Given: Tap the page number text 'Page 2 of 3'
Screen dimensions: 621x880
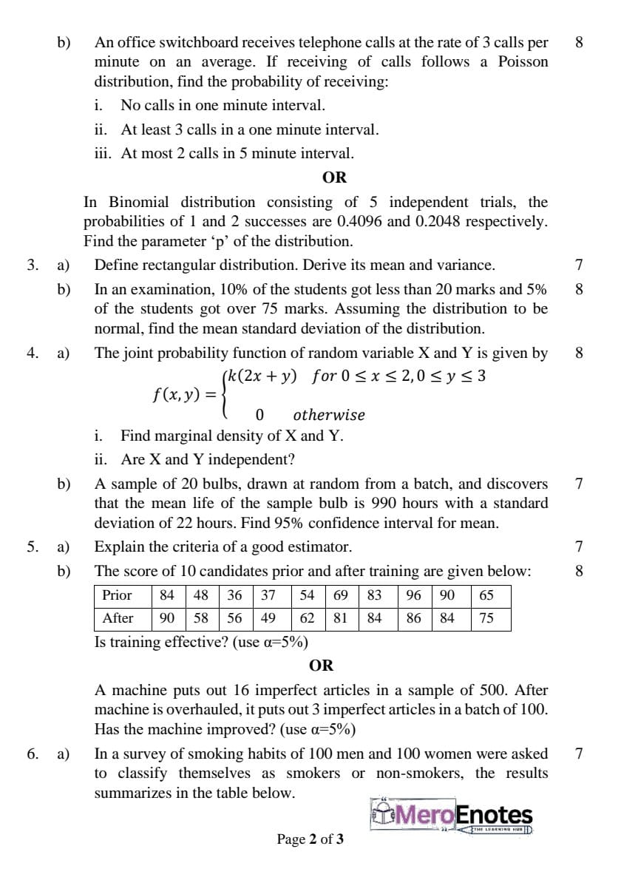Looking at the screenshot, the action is (x=310, y=839).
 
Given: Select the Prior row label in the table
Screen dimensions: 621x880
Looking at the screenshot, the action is (x=117, y=595).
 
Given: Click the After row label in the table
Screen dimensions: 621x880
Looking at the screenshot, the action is (x=118, y=618).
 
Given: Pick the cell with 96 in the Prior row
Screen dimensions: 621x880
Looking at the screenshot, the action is (x=414, y=595).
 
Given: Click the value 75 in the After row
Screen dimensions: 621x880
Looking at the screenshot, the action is (x=486, y=618).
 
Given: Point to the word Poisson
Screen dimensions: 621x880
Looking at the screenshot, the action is (x=523, y=61).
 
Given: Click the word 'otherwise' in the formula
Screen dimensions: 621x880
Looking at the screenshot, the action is (x=328, y=415).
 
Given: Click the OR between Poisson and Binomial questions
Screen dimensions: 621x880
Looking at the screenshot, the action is (x=334, y=177).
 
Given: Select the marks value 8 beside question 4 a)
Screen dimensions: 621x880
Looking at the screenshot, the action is (x=579, y=353).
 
